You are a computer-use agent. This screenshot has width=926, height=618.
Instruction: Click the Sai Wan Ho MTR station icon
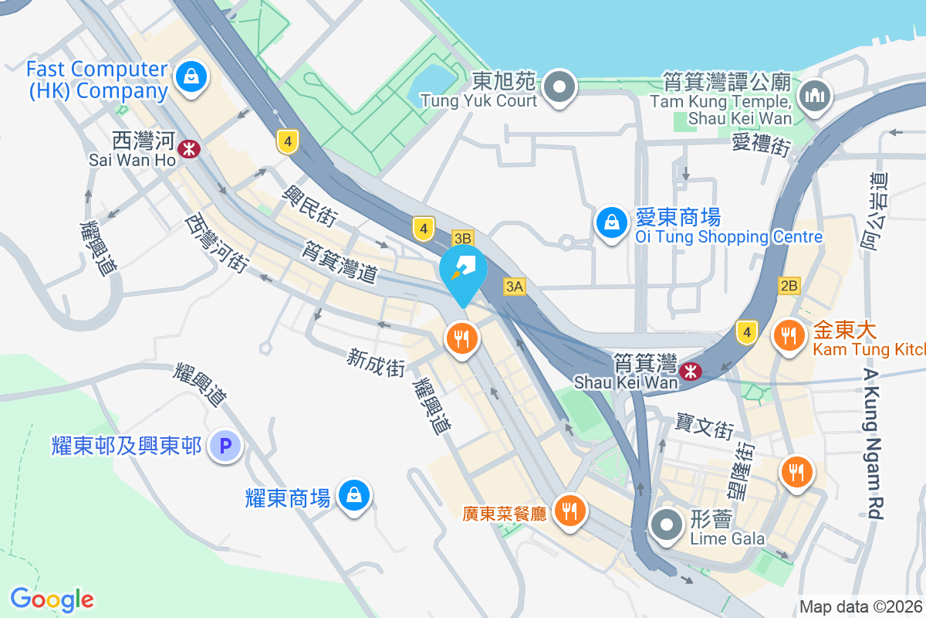(188, 148)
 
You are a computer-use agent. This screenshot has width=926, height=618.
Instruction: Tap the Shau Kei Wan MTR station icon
(691, 372)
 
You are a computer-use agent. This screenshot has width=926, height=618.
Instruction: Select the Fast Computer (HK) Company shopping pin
(189, 77)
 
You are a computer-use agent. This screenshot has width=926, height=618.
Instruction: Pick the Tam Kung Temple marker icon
(813, 96)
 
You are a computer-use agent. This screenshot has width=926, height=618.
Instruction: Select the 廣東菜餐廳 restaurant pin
(569, 510)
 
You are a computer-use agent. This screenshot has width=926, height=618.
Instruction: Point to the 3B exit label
(462, 238)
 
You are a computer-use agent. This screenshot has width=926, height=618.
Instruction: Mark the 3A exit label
(515, 287)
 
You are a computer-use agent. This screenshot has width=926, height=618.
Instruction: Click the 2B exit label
(789, 286)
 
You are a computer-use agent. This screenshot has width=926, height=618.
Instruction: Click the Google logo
(52, 599)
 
